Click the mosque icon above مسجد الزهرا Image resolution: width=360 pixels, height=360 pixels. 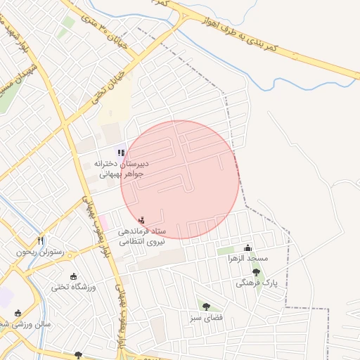point(247,247)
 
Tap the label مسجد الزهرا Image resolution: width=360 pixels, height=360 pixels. point(247,258)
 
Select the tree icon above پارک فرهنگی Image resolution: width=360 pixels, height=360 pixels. point(256,271)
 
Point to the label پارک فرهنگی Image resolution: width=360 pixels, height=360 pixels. point(257,283)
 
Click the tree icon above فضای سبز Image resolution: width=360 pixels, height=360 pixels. point(206,307)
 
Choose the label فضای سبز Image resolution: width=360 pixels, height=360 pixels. point(205,318)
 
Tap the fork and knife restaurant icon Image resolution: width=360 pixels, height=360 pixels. point(41,241)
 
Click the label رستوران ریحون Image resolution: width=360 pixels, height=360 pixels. point(40,252)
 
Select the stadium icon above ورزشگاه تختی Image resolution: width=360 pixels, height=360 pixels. point(73,276)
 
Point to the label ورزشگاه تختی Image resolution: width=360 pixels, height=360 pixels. point(73,287)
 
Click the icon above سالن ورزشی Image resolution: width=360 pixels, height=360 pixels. point(18,314)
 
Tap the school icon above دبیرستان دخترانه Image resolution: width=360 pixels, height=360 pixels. point(121,152)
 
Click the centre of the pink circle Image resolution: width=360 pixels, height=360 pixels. point(179,179)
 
